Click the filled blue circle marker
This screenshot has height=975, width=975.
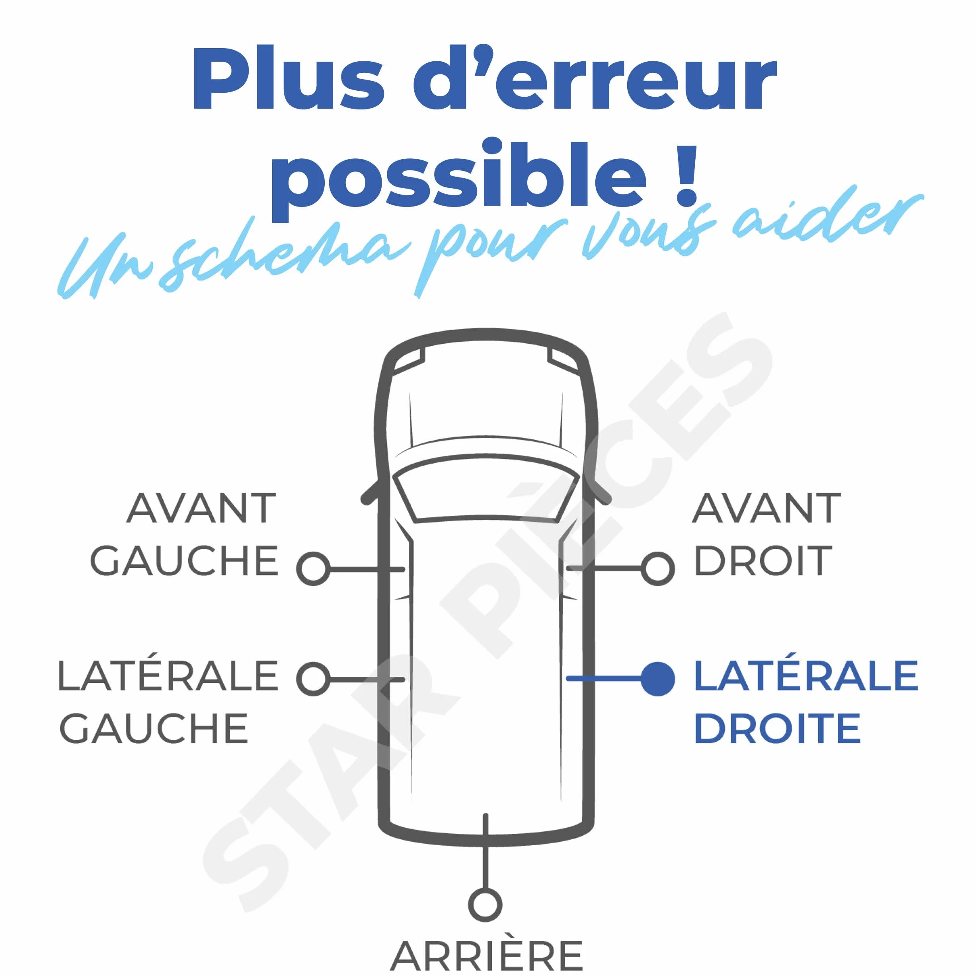[x=657, y=679]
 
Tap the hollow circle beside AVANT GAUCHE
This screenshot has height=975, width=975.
[x=314, y=569]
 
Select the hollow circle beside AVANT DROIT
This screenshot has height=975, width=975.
[x=657, y=569]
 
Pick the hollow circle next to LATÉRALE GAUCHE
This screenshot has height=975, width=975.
[x=314, y=679]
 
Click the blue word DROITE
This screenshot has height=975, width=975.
[x=777, y=728]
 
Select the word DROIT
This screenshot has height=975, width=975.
[x=762, y=561]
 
